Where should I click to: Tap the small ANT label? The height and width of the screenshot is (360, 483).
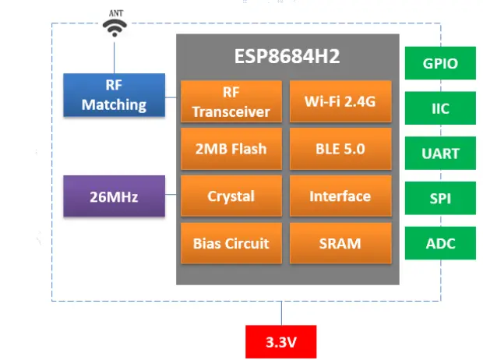pyautogui.click(x=115, y=12)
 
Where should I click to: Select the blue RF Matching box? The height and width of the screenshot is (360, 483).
pyautogui.click(x=115, y=95)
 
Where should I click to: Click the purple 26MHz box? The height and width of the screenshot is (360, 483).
pyautogui.click(x=115, y=197)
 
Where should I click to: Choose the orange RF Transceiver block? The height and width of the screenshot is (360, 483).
pyautogui.click(x=231, y=101)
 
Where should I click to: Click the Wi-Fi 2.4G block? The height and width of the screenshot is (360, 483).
pyautogui.click(x=340, y=101)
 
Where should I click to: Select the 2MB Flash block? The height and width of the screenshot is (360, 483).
pyautogui.click(x=231, y=149)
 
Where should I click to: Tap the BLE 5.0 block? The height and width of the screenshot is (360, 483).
pyautogui.click(x=340, y=149)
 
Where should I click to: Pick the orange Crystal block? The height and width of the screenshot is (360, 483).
pyautogui.click(x=231, y=196)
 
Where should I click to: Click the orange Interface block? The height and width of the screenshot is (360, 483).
pyautogui.click(x=340, y=196)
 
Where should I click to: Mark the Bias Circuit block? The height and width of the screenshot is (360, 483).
pyautogui.click(x=231, y=243)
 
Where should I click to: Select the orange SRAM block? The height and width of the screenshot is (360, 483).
pyautogui.click(x=340, y=243)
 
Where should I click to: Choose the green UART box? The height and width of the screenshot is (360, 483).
pyautogui.click(x=440, y=154)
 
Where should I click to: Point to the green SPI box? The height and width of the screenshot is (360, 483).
pyautogui.click(x=440, y=199)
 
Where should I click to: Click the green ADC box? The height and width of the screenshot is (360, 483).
pyautogui.click(x=440, y=244)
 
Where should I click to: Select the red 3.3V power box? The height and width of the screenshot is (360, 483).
pyautogui.click(x=281, y=341)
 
